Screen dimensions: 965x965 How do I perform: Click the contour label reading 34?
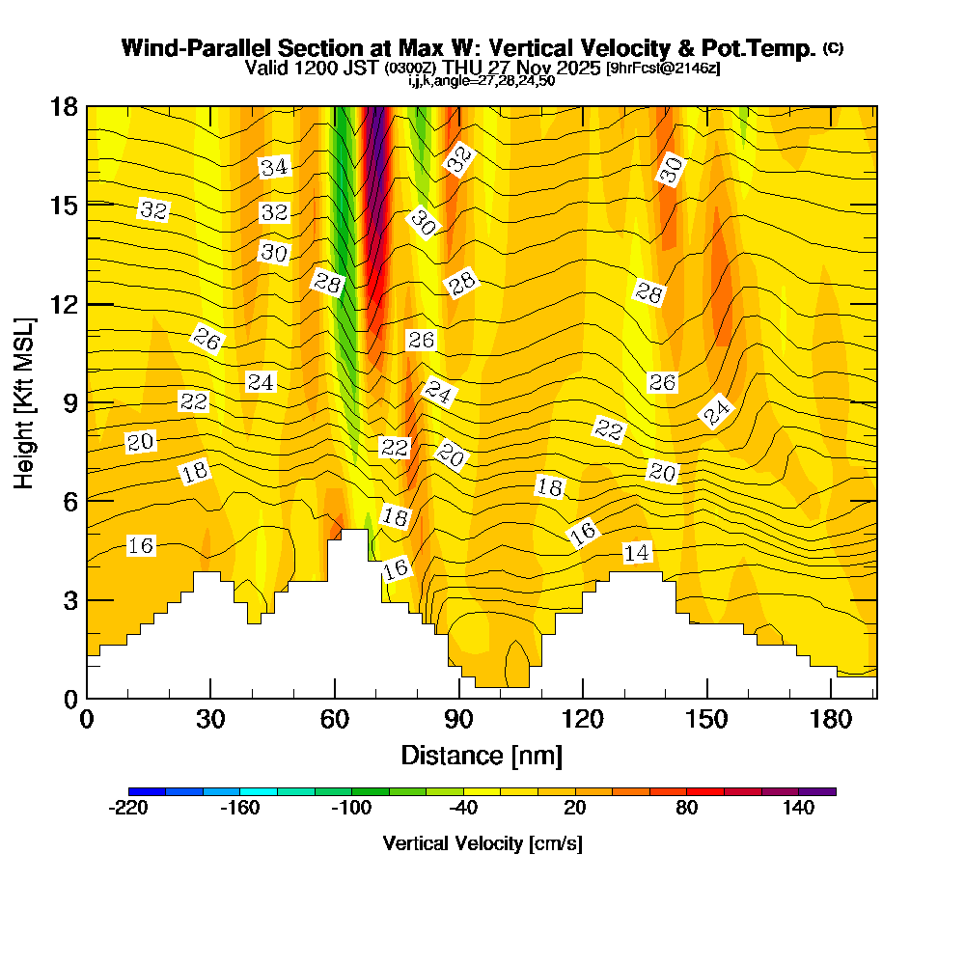[x=274, y=167]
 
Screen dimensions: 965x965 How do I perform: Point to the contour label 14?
[x=636, y=552]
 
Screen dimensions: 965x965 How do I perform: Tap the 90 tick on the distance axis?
[x=459, y=720]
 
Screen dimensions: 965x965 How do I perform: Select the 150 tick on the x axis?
[x=707, y=720]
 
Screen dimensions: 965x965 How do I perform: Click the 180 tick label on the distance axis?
[x=831, y=720]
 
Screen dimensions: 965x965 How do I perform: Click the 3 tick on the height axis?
[x=69, y=599]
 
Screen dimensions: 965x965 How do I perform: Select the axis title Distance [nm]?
[x=482, y=754]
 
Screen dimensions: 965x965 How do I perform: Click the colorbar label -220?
[x=128, y=809]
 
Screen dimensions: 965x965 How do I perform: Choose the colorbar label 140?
[x=799, y=809]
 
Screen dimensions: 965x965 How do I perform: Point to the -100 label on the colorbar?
[x=351, y=809]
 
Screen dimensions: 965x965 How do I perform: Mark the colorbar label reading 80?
[x=687, y=809]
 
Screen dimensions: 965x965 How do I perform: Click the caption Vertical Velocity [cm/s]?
[x=482, y=843]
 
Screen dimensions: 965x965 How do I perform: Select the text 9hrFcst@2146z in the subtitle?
[x=663, y=69]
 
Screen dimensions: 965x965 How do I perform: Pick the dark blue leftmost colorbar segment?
[x=147, y=791]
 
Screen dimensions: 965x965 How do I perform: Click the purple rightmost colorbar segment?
[x=817, y=791]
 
